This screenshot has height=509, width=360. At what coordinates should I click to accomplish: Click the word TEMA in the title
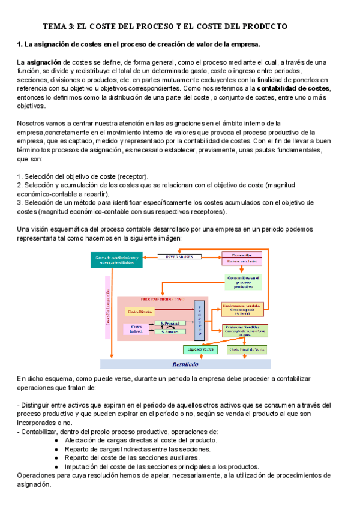click(x=55, y=26)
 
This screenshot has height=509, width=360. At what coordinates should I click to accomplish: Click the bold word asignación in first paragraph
click(x=44, y=62)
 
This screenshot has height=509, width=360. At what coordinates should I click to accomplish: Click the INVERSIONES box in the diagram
click(x=179, y=256)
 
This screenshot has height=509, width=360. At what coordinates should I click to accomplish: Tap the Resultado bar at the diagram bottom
click(x=177, y=364)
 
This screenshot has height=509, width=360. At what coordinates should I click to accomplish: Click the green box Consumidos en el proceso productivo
click(x=244, y=282)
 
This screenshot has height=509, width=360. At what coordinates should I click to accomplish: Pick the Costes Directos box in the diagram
click(x=140, y=312)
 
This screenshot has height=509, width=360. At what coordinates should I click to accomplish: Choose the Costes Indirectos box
click(x=135, y=328)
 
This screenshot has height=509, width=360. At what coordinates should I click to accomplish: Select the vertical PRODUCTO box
click(x=199, y=318)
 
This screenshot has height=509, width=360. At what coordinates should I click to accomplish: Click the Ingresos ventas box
click(x=200, y=349)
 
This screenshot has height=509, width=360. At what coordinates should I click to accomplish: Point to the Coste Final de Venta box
click(x=246, y=349)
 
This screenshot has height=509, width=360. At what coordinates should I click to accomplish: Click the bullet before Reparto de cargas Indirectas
click(x=56, y=449)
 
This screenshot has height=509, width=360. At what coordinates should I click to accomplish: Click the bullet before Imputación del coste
click(x=56, y=466)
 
